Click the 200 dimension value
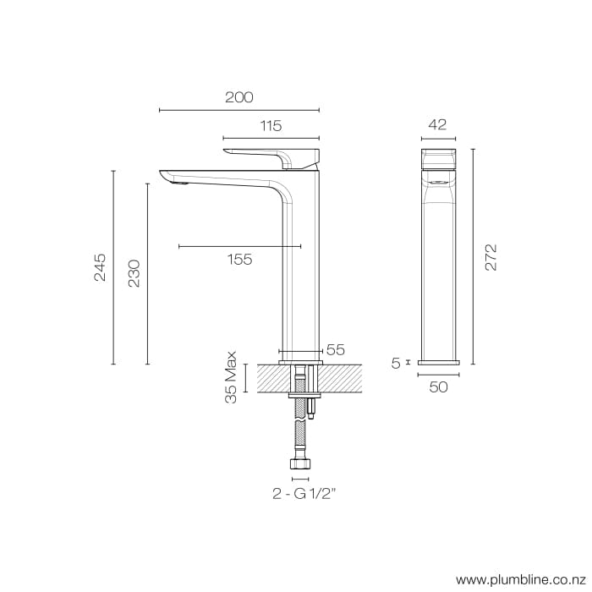(x=239, y=97)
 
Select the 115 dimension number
(x=271, y=126)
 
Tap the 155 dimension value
(x=240, y=260)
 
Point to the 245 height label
(x=100, y=267)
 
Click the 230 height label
(x=134, y=272)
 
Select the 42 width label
(x=437, y=124)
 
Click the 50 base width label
(x=438, y=386)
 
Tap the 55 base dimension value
(x=335, y=349)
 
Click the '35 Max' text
(x=231, y=378)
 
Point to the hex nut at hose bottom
(x=301, y=464)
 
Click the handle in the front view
(x=438, y=158)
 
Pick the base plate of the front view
(x=438, y=362)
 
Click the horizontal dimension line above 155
(x=240, y=246)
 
